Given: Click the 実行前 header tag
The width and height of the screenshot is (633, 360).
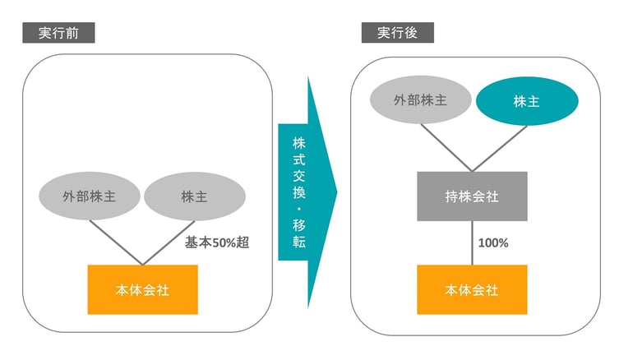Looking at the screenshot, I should (58, 33).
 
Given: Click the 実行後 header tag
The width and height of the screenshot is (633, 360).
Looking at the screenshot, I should (397, 33).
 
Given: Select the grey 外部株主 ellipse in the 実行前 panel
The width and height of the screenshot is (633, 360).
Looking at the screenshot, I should (90, 197).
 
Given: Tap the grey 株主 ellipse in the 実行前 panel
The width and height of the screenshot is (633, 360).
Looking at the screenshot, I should (195, 197).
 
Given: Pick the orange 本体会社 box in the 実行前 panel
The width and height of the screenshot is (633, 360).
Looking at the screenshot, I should (143, 290).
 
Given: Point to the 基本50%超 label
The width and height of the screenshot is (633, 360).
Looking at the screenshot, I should (216, 243).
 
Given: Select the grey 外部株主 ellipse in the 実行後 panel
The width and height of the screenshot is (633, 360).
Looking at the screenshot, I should (420, 101).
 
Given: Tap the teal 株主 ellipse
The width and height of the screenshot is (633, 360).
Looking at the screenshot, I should (526, 101).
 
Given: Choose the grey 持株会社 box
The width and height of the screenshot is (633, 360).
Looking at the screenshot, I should (472, 196).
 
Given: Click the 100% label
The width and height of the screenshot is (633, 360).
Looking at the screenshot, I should (492, 243).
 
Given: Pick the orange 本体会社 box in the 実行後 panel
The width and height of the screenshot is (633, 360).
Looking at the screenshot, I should (472, 290).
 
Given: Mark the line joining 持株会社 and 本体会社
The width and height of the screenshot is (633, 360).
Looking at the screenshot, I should (472, 243).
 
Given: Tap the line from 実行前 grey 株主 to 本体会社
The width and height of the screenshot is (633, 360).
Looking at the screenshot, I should (169, 242).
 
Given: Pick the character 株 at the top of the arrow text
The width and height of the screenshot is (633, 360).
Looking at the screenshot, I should (299, 142).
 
